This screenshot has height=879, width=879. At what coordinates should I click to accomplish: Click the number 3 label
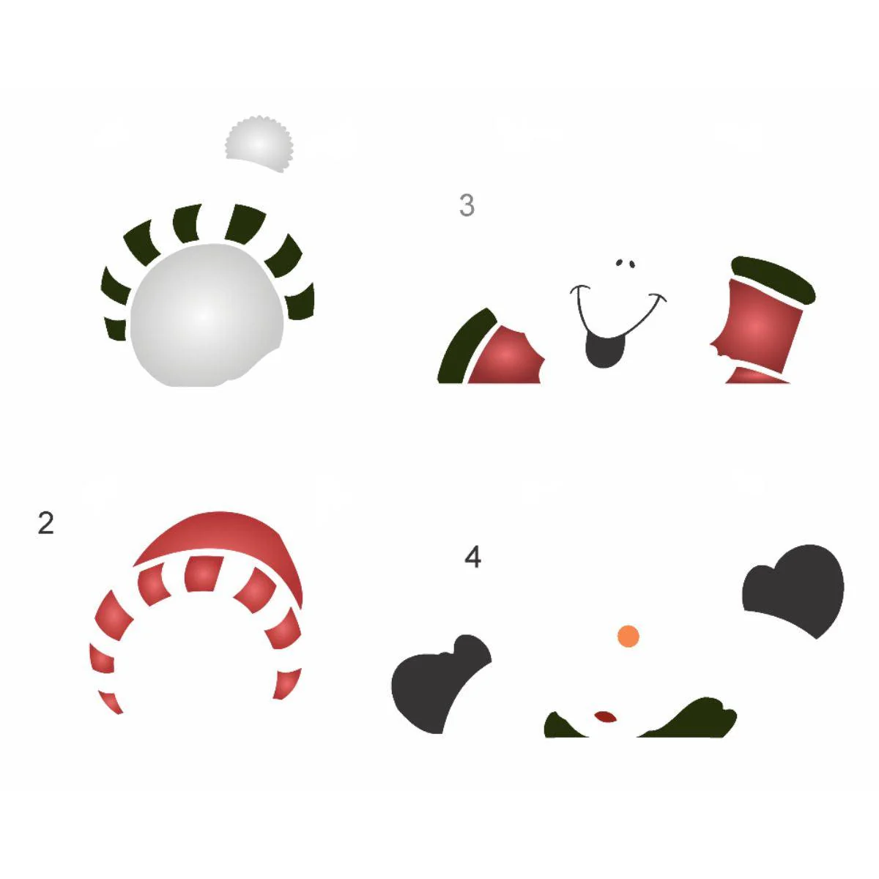pyautogui.click(x=467, y=205)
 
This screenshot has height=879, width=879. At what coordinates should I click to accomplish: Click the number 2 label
pyautogui.click(x=45, y=523)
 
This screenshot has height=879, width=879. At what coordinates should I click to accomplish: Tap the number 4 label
pyautogui.click(x=472, y=557)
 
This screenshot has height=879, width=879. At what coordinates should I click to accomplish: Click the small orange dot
pyautogui.click(x=628, y=636)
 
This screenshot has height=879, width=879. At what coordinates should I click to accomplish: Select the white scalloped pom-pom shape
pyautogui.click(x=259, y=143)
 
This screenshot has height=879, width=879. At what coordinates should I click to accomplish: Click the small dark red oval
pyautogui.click(x=605, y=716)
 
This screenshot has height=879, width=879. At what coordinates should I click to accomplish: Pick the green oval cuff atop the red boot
pyautogui.click(x=773, y=279)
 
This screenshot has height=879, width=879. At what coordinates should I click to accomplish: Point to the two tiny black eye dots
pyautogui.click(x=625, y=263)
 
